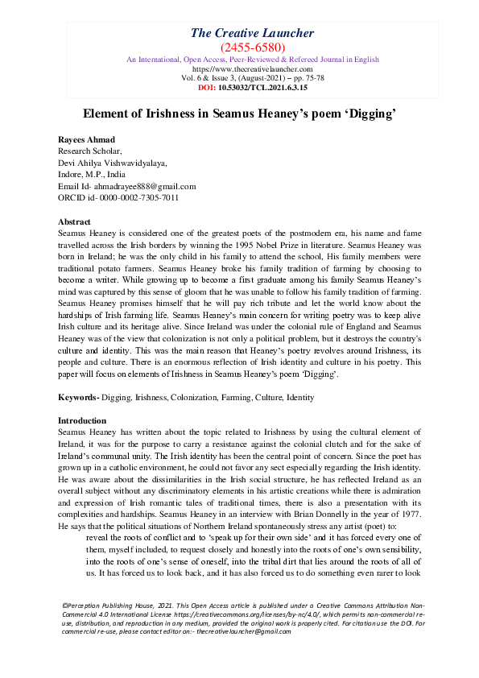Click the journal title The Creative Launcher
pos(252,33)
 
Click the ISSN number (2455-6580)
pos(252,48)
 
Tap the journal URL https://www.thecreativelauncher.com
pos(252,69)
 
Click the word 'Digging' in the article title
pos(367,115)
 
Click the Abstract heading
pos(75,221)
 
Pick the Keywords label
pos(78,398)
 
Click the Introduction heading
pos(82,420)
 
